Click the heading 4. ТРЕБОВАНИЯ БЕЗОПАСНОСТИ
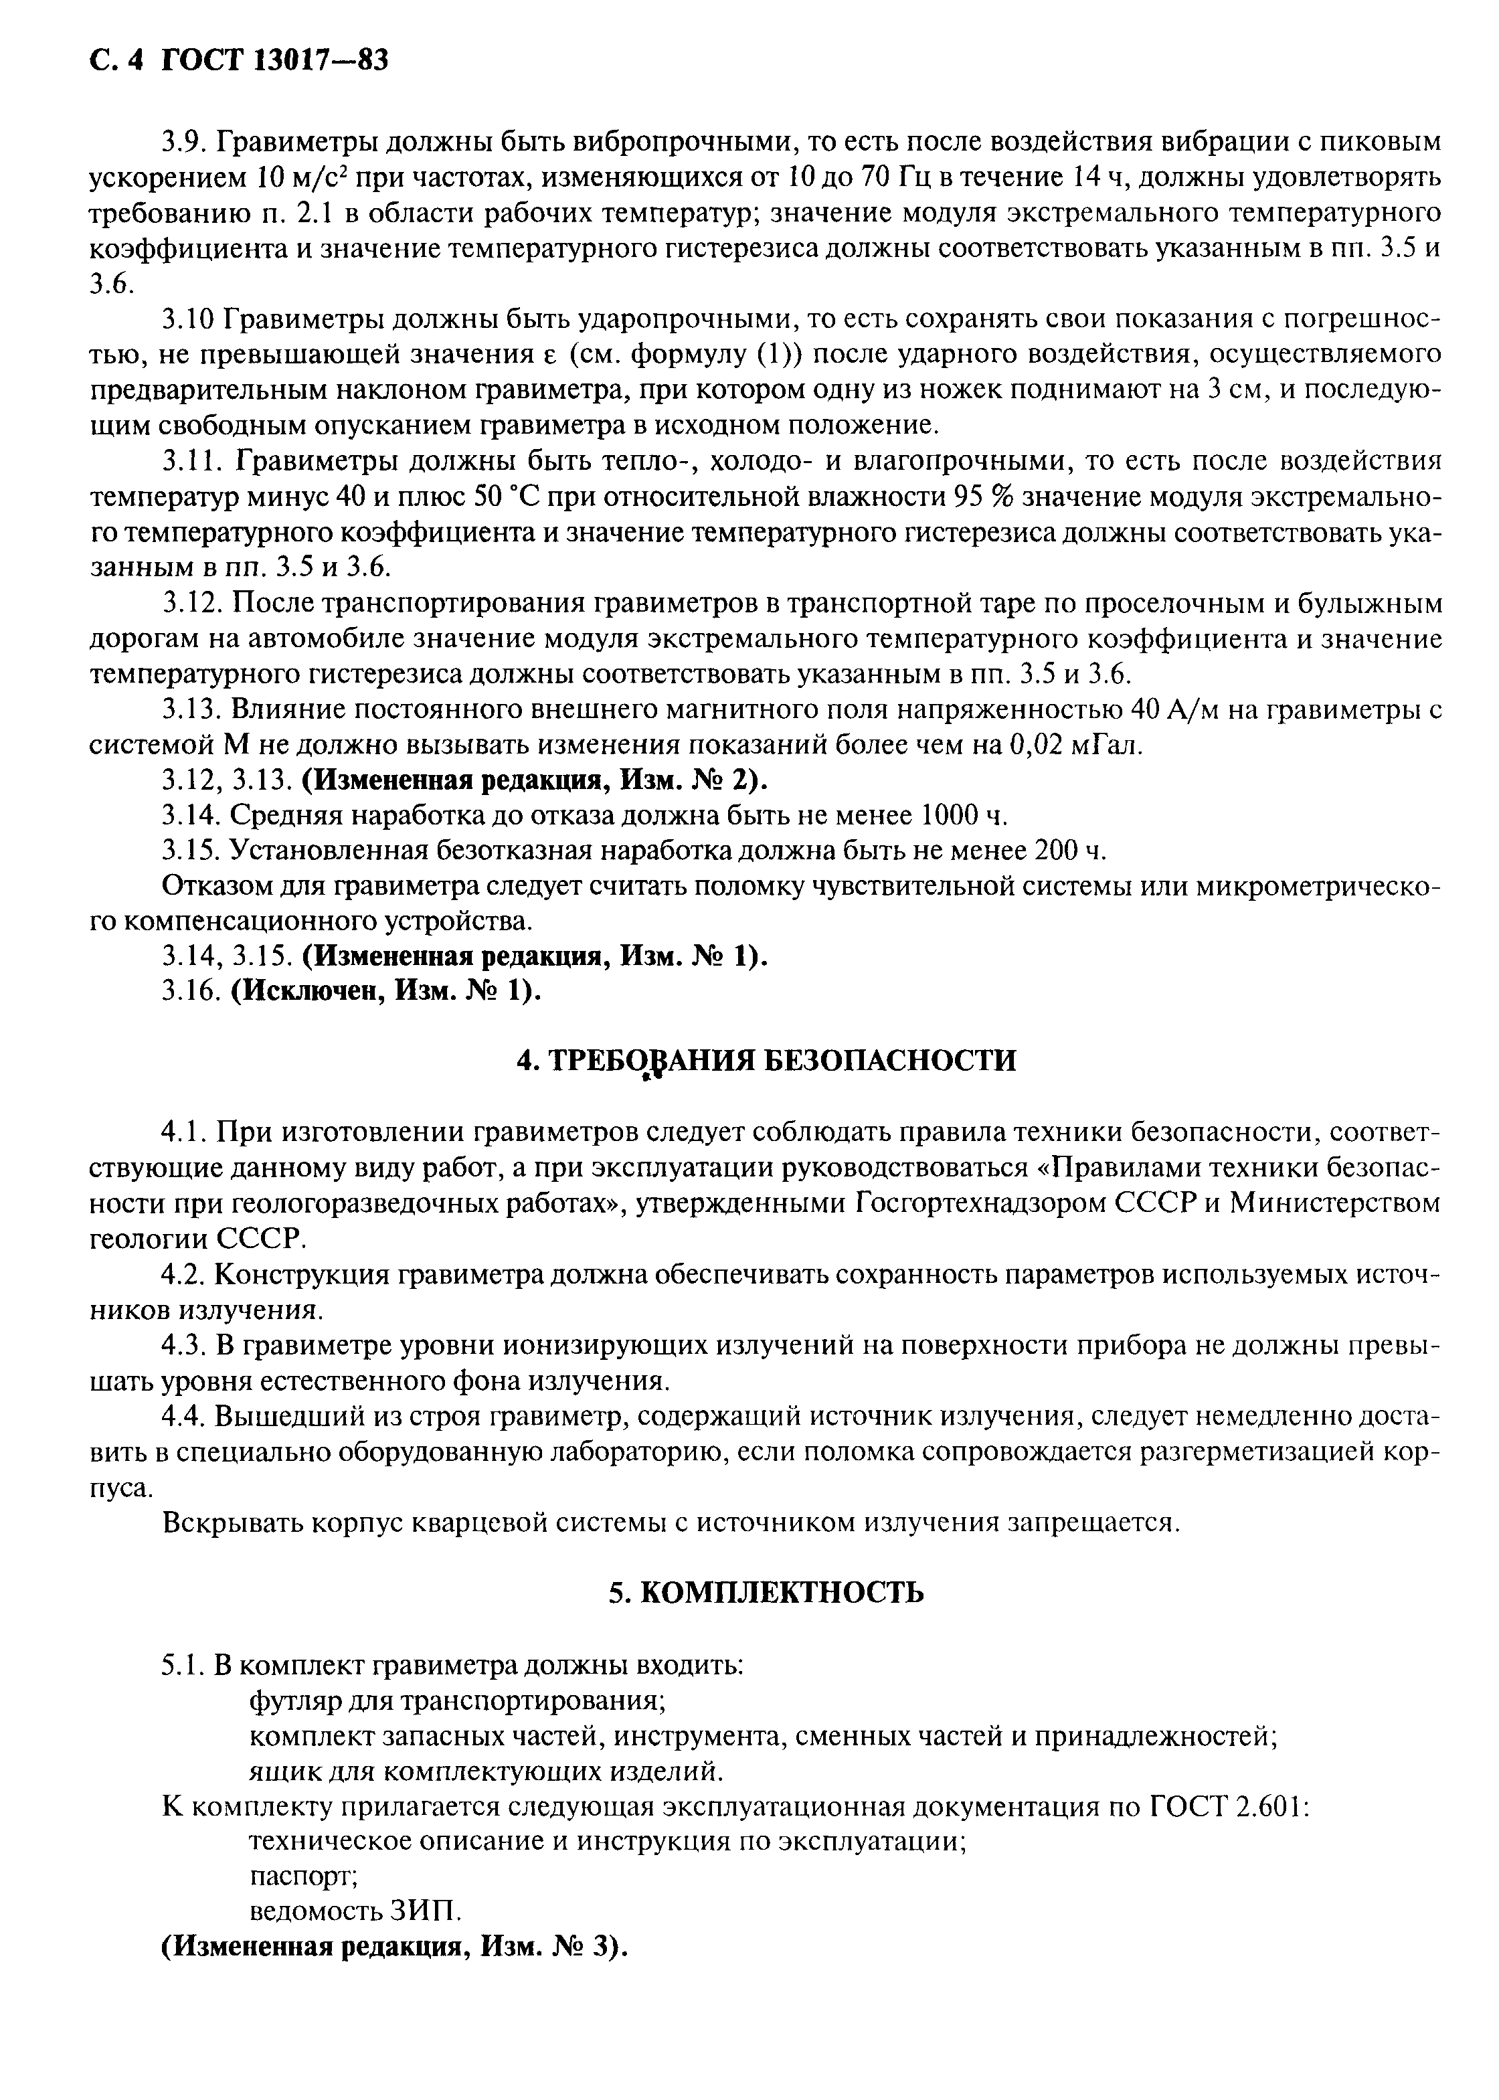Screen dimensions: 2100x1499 [766, 1061]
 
